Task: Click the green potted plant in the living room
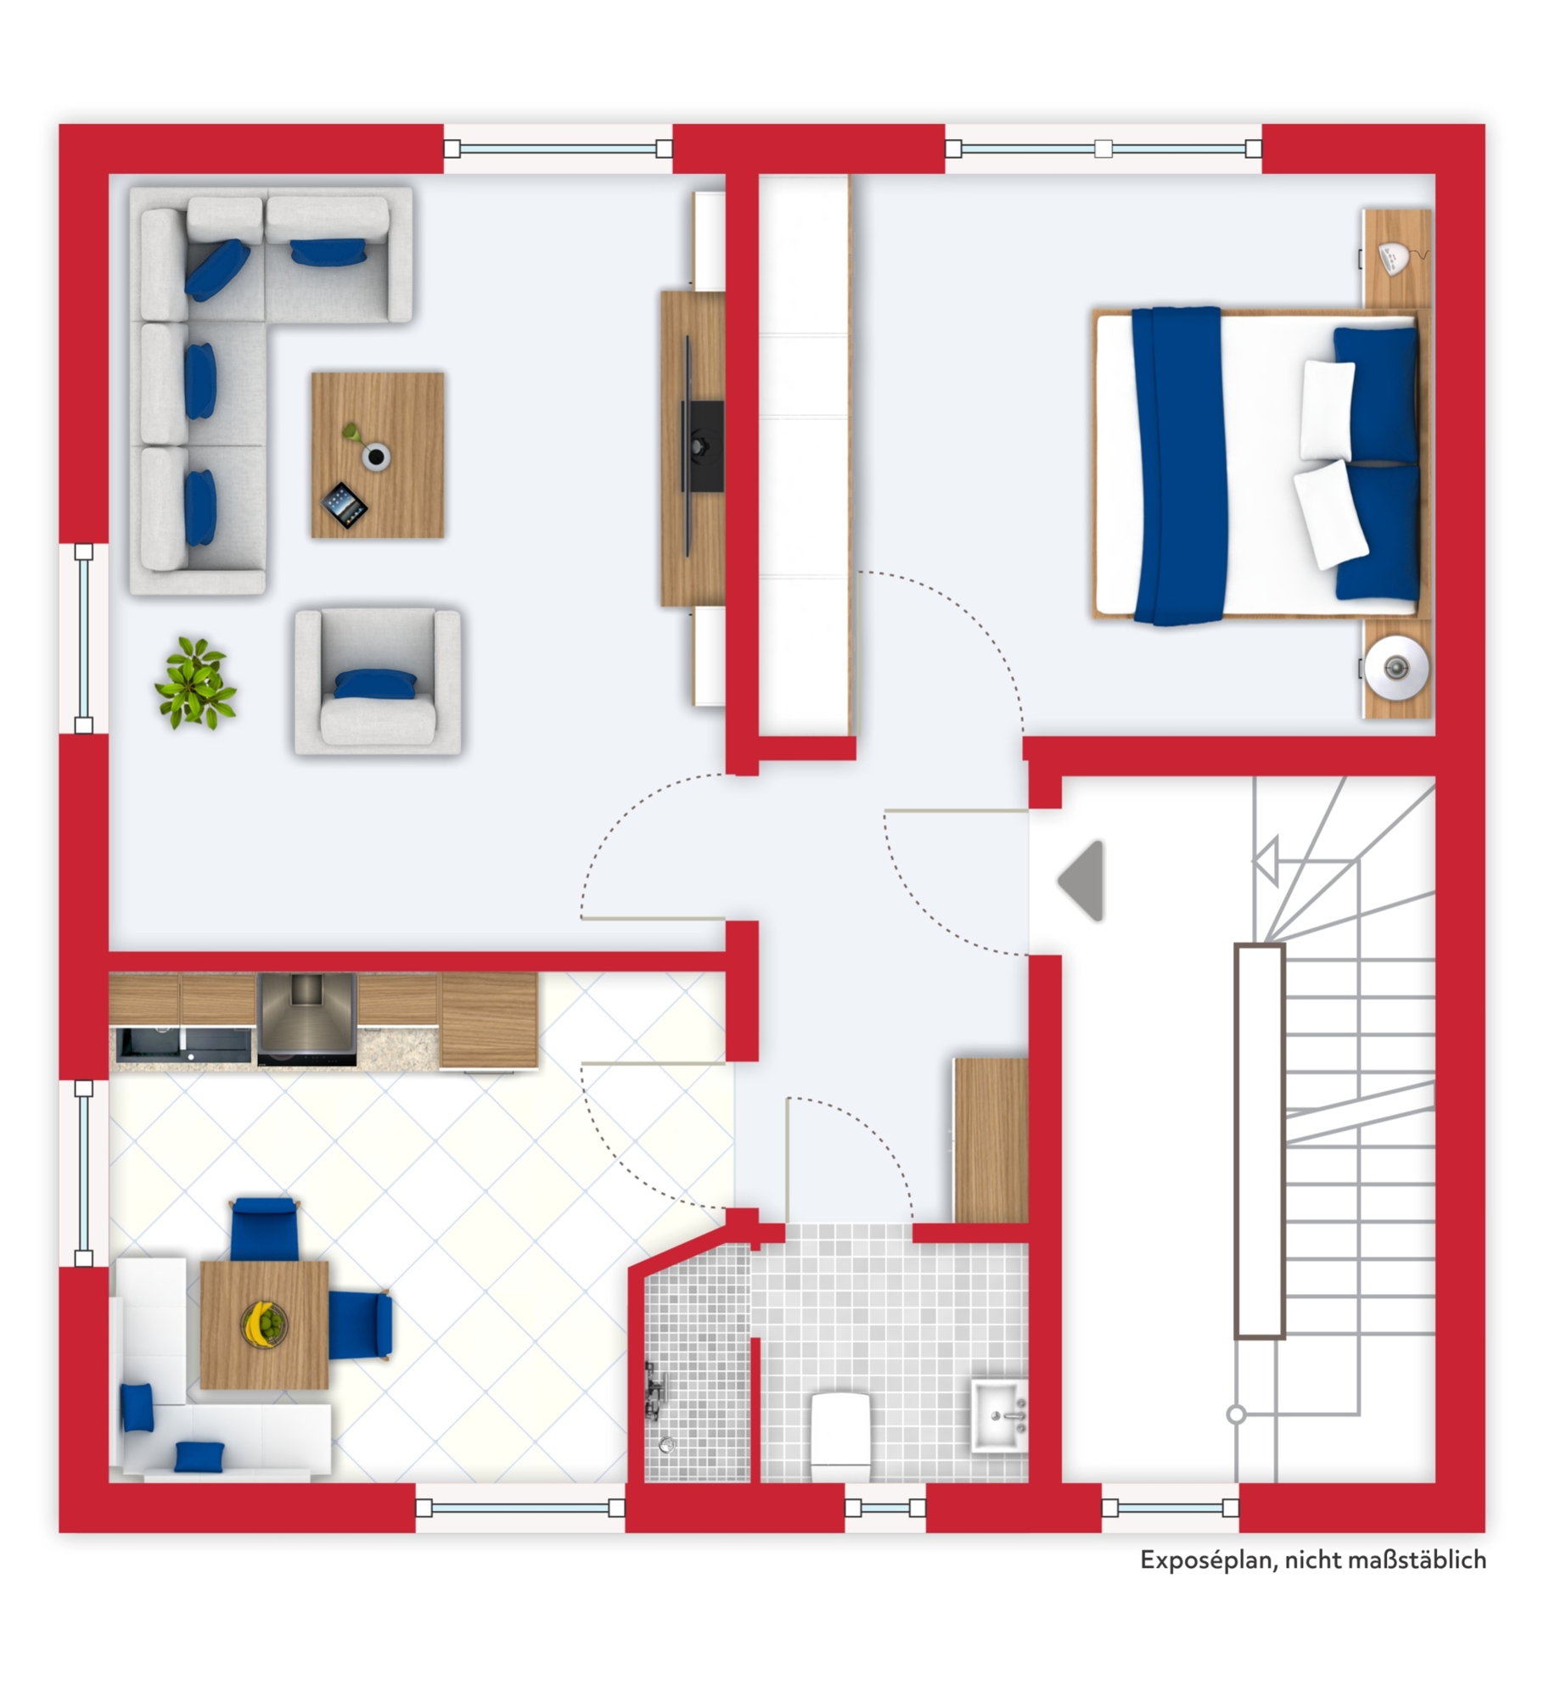(x=195, y=683)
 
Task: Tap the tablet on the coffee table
(x=344, y=505)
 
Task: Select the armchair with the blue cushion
(x=378, y=680)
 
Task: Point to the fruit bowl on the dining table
(x=264, y=1323)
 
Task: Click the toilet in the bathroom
(x=839, y=1434)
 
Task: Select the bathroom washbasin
(x=999, y=1415)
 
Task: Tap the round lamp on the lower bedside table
(x=1396, y=667)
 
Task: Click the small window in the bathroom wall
(x=884, y=1507)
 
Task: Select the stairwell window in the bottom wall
(x=1170, y=1507)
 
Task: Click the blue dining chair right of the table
(x=361, y=1325)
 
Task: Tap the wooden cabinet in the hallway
(x=991, y=1140)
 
